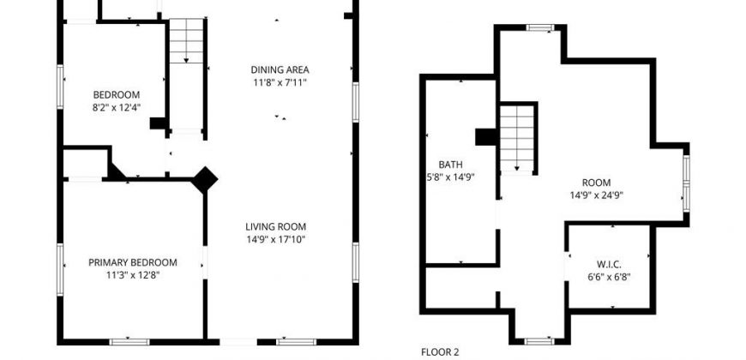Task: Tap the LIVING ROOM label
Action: coord(275,227)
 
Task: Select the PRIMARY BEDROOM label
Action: coord(133,262)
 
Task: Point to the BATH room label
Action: coord(450,165)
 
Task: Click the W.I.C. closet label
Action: coord(609,264)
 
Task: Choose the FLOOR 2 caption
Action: coord(440,352)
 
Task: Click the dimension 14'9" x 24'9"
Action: coord(597,195)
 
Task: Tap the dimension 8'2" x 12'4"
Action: coord(117,107)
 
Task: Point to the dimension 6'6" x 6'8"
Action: coord(609,277)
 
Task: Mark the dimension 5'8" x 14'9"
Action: coord(450,178)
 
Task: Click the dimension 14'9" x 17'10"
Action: coord(275,240)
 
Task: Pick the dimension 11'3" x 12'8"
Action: coord(133,275)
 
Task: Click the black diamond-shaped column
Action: coord(205,180)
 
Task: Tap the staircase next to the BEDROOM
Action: coord(187,41)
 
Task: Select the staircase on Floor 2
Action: coord(517,138)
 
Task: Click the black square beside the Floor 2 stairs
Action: coord(485,137)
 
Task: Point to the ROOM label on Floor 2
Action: coord(597,183)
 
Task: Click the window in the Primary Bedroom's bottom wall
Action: coord(129,342)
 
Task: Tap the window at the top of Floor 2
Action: coord(540,27)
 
